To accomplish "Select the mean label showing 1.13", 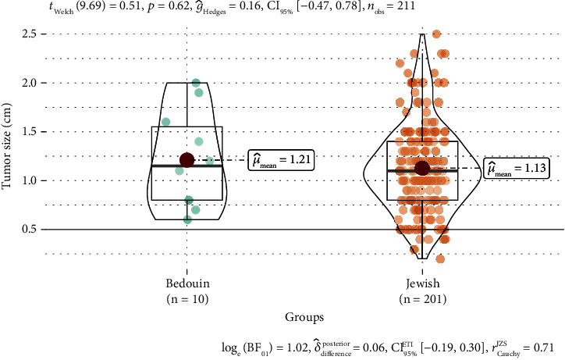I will tap(517, 169).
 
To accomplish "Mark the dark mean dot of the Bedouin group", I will tap(187, 160).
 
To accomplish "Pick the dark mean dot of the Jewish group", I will tap(422, 168).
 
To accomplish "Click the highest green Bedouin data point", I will tap(197, 83).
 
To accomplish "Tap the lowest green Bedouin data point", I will tap(187, 219).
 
